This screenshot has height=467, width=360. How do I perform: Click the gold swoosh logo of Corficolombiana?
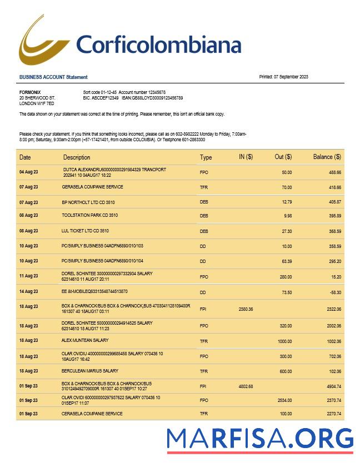pos(44,42)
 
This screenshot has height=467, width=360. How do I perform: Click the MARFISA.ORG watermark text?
pos(260,438)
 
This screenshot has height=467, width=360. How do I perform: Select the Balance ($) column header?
pos(327,157)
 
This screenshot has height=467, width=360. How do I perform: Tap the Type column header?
pos(206,158)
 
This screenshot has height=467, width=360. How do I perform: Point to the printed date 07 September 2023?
pos(283,77)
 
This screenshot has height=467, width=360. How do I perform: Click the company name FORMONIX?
pos(30,92)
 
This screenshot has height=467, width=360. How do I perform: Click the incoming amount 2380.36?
pos(246,309)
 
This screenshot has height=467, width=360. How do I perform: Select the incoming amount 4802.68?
pos(246,386)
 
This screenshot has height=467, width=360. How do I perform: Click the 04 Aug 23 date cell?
pos(29,172)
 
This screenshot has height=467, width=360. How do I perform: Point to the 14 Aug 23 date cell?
pos(29,291)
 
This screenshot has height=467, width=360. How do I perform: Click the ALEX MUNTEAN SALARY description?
pos(85,340)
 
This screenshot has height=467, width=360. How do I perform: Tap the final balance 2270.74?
pos(332,414)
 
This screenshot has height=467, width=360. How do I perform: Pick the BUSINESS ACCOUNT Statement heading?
pos(53,77)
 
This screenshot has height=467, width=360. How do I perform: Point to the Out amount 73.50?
pos(286,291)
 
